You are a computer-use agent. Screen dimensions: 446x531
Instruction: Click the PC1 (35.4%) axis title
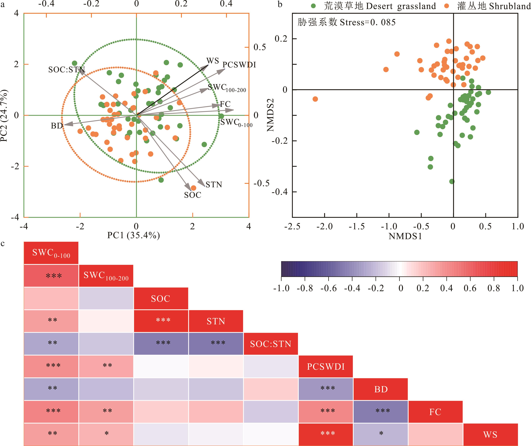tap(133, 235)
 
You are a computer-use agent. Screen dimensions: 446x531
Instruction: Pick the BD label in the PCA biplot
tap(57, 126)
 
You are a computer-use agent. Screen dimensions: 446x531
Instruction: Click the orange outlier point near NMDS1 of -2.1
tap(315, 99)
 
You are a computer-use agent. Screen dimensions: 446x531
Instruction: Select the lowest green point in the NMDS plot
tap(452, 181)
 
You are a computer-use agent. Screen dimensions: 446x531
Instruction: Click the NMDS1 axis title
tap(405, 236)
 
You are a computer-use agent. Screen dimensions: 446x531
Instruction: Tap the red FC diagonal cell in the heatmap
tap(435, 412)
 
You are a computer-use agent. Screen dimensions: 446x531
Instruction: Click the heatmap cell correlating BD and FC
tap(381, 412)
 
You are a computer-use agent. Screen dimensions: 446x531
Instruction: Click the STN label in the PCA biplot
tap(214, 185)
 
